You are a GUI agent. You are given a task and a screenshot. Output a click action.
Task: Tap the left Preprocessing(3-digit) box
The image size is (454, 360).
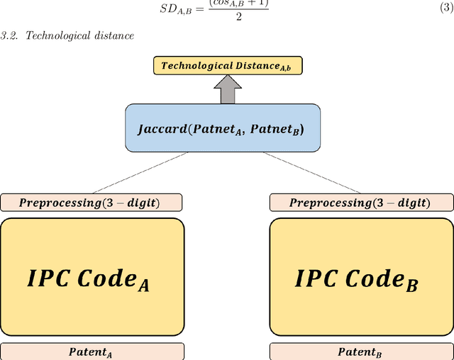92,203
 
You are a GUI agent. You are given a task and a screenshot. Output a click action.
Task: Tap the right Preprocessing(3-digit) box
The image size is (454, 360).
361,203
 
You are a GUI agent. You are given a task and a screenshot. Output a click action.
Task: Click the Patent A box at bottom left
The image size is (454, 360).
92,351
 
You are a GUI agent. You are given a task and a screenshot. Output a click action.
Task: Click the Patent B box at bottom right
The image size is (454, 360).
361,351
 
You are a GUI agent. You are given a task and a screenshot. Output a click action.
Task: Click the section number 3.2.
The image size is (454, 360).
9,35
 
